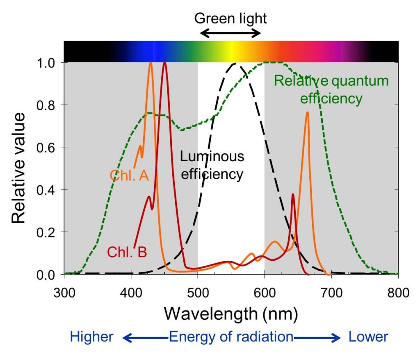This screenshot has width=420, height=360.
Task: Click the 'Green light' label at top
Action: tap(230, 18)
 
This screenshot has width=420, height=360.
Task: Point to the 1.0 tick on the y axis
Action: tap(49, 62)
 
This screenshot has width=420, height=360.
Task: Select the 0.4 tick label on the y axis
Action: tap(49, 189)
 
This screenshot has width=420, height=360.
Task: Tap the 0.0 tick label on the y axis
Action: tap(49, 274)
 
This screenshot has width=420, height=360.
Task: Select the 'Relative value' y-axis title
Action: tap(18, 168)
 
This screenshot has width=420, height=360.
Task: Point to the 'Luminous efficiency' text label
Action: tap(212, 165)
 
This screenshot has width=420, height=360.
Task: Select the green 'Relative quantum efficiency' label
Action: tap(331, 89)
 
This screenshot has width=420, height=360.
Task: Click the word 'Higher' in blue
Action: tap(91, 337)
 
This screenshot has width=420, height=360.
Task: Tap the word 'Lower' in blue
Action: tap(368, 337)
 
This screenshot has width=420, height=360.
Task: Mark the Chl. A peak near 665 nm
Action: tap(307, 112)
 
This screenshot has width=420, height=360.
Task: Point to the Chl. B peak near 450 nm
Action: tap(165, 63)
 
